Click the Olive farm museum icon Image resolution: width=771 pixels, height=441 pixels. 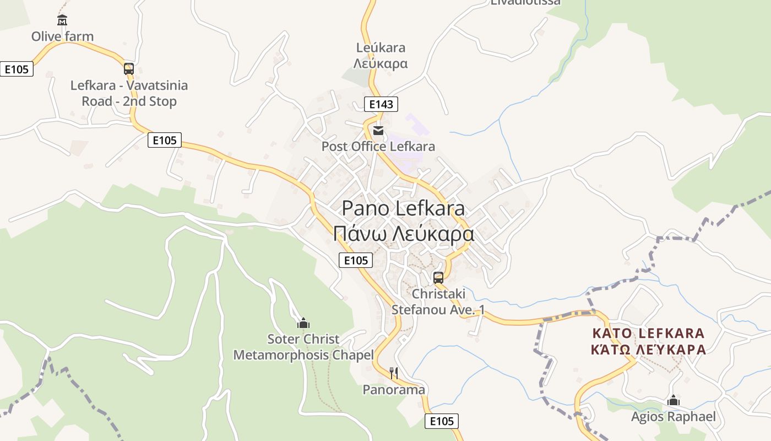(62, 20)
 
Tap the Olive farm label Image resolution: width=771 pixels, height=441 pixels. (62, 36)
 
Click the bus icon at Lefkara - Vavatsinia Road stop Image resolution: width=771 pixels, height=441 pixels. (129, 69)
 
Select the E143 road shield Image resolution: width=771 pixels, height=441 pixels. (381, 104)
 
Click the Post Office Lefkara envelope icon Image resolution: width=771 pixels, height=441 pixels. (378, 131)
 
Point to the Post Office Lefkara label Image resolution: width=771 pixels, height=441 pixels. (378, 147)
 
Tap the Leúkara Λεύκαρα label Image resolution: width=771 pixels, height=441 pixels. (381, 56)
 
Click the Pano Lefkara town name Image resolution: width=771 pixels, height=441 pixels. (403, 208)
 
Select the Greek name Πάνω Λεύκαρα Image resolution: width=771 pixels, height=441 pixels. (403, 234)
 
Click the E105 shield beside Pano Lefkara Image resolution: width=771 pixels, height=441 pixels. (355, 260)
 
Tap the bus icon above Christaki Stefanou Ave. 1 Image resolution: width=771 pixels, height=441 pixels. (438, 277)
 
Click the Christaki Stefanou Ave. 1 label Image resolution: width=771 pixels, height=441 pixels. (438, 302)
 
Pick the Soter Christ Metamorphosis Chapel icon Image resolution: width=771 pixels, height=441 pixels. (303, 323)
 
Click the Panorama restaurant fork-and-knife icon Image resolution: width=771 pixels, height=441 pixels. (394, 373)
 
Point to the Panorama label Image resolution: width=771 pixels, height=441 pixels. (394, 390)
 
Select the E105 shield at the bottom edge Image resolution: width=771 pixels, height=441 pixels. (442, 422)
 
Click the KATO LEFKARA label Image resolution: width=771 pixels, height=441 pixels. (648, 334)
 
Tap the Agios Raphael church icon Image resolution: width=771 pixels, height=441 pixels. (673, 401)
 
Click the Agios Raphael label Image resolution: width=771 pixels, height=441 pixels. (673, 417)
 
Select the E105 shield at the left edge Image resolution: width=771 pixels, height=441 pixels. (17, 69)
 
